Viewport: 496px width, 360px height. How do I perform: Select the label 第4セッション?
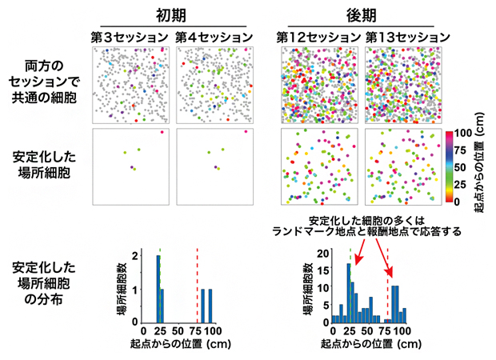[210, 37]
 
